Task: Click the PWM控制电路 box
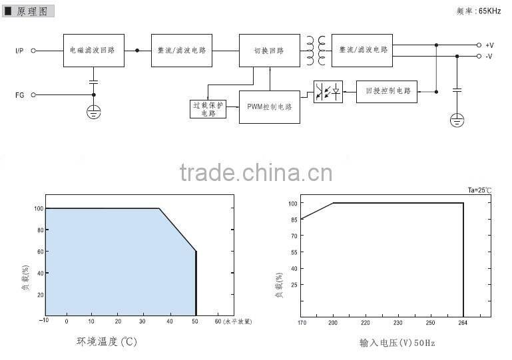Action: (x=270, y=107)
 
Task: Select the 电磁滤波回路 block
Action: (x=93, y=50)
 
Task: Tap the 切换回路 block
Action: (x=270, y=50)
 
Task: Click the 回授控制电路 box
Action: (x=387, y=90)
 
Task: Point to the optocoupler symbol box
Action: (x=328, y=91)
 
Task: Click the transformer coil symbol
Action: (x=316, y=50)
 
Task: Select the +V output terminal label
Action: (x=489, y=45)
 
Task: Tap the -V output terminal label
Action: (x=489, y=57)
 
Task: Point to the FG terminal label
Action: (x=20, y=95)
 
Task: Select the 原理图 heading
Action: (x=33, y=12)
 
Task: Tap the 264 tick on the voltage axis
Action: (x=463, y=323)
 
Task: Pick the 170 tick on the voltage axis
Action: (x=301, y=323)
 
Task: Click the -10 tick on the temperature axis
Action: (x=45, y=321)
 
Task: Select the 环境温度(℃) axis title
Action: (x=106, y=342)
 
